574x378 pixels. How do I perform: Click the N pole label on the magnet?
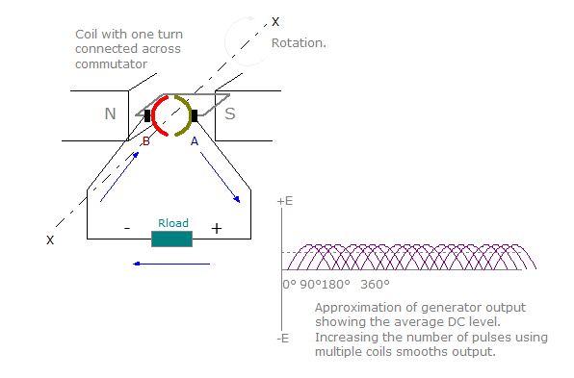coord(111,114)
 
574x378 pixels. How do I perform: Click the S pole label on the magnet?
coord(230,114)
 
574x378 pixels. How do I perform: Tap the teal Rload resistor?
coord(172,238)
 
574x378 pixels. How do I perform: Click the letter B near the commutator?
coord(145,141)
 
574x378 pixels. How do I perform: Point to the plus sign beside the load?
coord(216,229)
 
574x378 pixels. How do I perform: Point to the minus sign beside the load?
coord(126,229)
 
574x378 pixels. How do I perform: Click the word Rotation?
coord(299,43)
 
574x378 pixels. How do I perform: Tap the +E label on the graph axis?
coord(284,202)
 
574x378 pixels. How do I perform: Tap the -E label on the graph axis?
coord(284,338)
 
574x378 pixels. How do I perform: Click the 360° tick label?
coord(375,285)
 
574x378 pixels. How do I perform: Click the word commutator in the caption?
coord(111,63)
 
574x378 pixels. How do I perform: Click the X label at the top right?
coord(275,21)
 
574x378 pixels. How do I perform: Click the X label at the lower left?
coord(50,239)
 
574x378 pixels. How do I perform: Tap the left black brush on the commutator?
coord(147,116)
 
